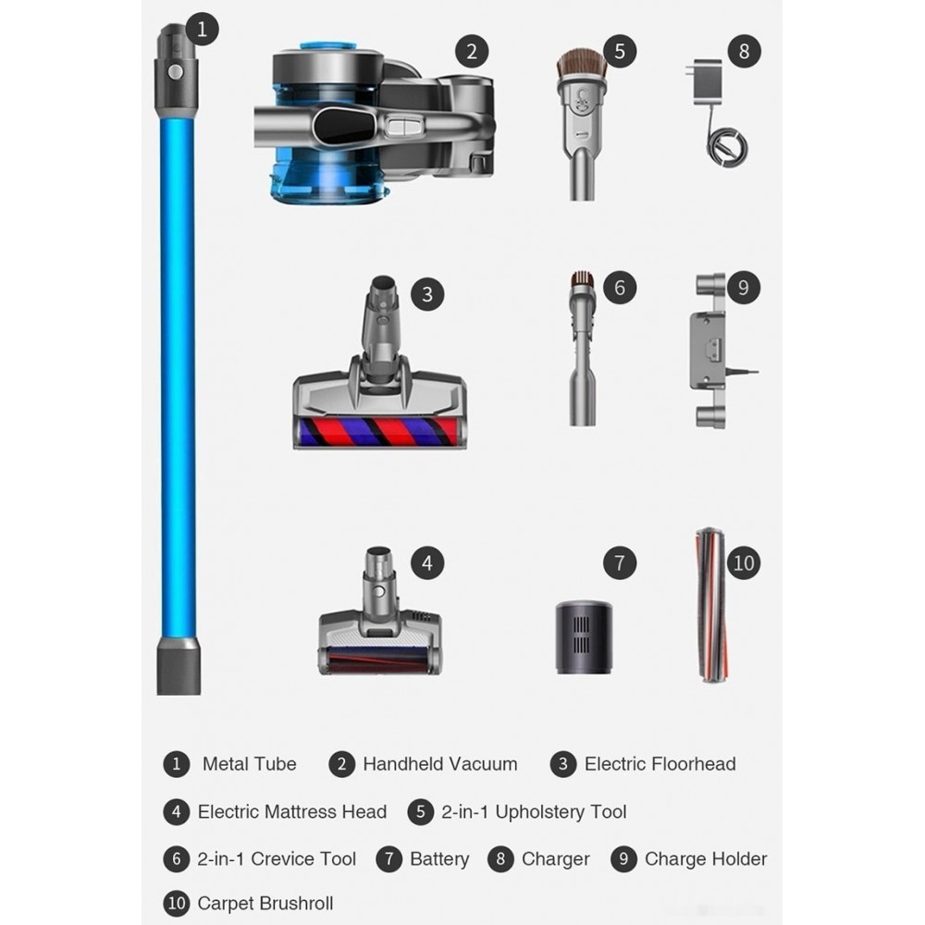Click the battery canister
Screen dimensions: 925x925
tap(584, 637)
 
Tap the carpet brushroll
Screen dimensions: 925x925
tap(712, 606)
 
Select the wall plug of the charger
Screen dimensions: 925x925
tap(706, 79)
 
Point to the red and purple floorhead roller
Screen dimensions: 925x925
tap(378, 432)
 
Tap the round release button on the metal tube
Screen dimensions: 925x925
tap(175, 72)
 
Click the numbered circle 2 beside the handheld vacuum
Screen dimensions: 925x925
tap(472, 51)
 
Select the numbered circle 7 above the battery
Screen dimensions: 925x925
tap(620, 562)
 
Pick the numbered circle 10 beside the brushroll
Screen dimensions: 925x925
tap(744, 562)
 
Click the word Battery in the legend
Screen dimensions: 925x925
tap(439, 859)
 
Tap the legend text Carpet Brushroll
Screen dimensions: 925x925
tap(265, 903)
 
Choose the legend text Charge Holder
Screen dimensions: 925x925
tap(706, 859)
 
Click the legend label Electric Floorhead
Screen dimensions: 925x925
tap(660, 764)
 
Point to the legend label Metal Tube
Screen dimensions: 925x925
tap(250, 764)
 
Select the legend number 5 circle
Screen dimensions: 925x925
tap(421, 812)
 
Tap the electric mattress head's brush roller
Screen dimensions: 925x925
tap(378, 660)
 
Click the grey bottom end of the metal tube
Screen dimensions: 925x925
tap(179, 665)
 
